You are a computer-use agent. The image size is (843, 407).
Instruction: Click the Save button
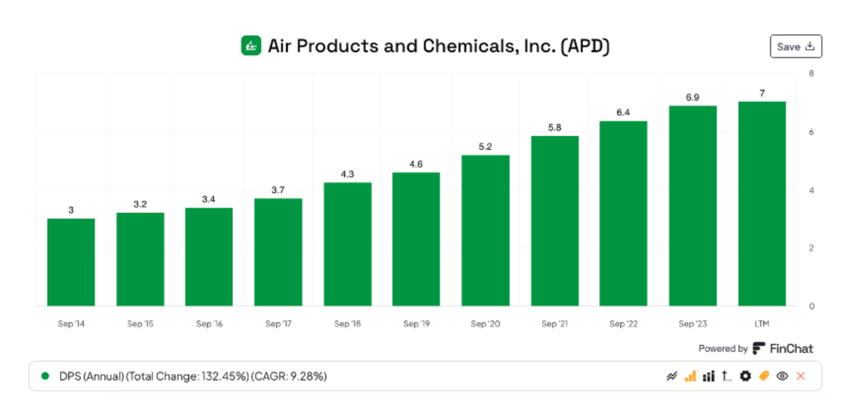click(x=795, y=46)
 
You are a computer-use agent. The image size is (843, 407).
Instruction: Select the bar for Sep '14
click(x=71, y=262)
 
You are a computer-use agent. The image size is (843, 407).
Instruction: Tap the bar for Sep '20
click(x=485, y=230)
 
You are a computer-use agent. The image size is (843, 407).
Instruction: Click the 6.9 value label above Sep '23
click(x=692, y=97)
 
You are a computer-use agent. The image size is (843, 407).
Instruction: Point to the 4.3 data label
click(x=347, y=174)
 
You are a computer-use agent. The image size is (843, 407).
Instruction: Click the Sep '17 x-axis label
click(x=278, y=324)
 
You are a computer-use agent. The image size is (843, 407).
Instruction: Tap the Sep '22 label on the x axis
click(x=623, y=324)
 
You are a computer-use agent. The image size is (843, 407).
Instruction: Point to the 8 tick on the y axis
click(x=811, y=73)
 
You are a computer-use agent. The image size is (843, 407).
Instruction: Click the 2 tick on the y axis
click(x=811, y=248)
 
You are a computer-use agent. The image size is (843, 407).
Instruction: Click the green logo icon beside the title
click(x=251, y=46)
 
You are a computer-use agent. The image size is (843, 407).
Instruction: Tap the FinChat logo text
click(x=791, y=349)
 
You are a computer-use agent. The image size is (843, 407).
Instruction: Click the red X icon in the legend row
click(x=801, y=376)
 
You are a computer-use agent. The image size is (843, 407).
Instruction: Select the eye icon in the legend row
click(x=782, y=376)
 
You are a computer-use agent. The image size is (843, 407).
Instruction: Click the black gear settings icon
click(x=745, y=376)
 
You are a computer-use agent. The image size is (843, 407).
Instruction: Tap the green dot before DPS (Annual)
click(x=45, y=376)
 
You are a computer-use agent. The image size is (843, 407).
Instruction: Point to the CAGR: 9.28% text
click(x=289, y=376)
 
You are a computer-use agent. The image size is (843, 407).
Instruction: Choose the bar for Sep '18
click(x=347, y=244)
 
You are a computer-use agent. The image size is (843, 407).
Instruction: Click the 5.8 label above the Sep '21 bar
click(x=554, y=128)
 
